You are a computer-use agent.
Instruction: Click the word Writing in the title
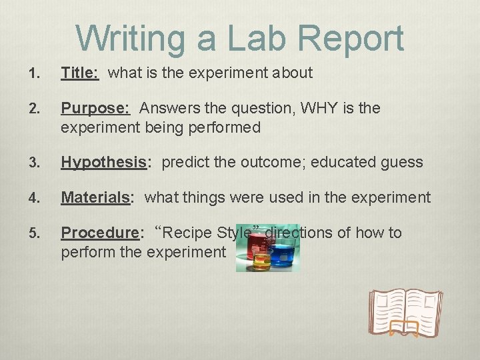(x=131, y=38)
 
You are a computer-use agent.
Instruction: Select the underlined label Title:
(x=79, y=73)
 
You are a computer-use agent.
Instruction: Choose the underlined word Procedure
(x=99, y=233)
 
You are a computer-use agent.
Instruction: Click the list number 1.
(x=34, y=73)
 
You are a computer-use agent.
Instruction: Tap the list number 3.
(x=34, y=163)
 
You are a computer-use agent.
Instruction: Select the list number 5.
(x=34, y=233)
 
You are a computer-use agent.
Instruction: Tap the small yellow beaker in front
(x=262, y=262)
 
